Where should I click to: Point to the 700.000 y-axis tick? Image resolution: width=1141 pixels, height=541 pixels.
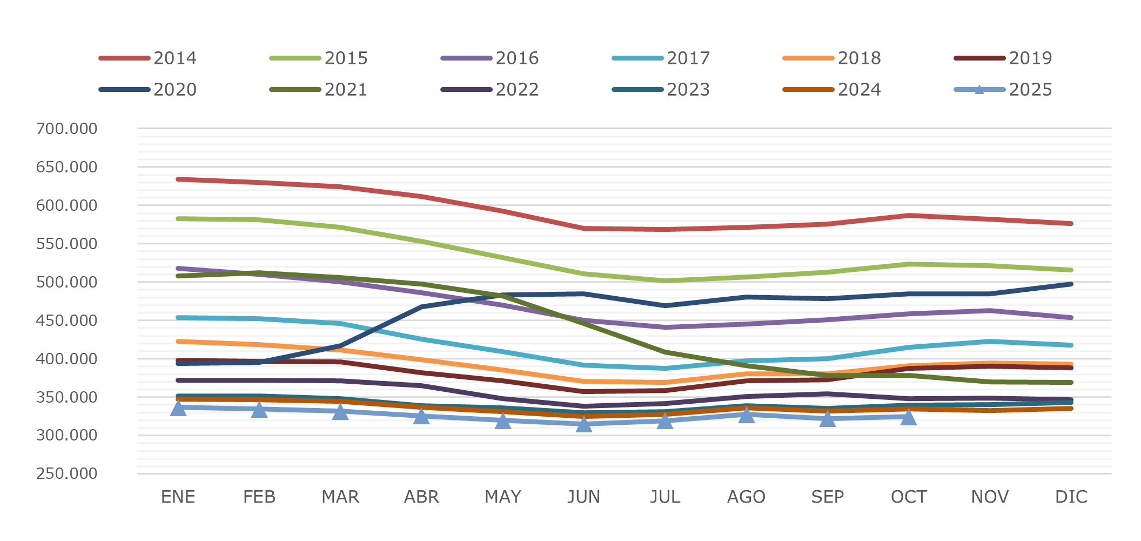click(66, 129)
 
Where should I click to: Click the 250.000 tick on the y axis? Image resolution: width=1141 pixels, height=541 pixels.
click(66, 473)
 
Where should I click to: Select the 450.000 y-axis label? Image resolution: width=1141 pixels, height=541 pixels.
click(66, 320)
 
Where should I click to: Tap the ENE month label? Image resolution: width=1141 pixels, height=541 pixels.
click(178, 497)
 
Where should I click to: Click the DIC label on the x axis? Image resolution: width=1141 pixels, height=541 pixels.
click(1071, 497)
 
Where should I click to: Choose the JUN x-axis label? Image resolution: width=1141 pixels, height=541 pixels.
click(583, 497)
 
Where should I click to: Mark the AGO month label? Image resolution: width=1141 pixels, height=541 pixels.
click(746, 497)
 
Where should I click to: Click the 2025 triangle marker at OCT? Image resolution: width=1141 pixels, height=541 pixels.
click(909, 417)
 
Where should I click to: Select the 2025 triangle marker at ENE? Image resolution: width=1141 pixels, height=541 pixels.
click(178, 408)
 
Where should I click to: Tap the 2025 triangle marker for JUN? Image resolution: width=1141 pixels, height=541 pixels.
click(583, 424)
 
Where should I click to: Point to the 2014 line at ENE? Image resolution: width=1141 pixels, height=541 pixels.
click(178, 179)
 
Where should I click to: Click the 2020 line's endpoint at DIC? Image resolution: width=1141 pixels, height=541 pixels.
click(1071, 284)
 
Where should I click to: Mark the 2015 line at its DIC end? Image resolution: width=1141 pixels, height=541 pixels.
click(1071, 270)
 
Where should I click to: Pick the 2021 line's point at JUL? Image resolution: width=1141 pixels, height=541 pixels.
click(665, 352)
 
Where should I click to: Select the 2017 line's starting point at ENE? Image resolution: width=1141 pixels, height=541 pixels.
click(178, 318)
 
